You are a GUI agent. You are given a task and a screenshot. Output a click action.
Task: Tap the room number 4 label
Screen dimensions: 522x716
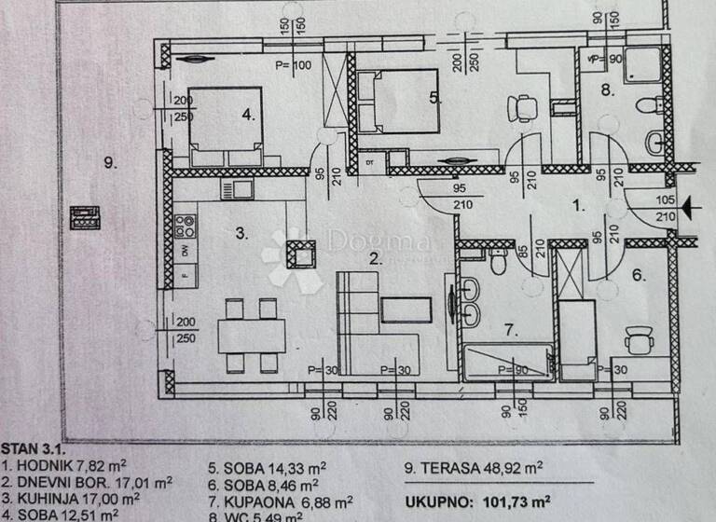247,116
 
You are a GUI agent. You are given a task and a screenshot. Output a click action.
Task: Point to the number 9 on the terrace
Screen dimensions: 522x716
109,163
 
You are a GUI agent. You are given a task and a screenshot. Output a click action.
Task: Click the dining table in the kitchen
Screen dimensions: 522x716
252,336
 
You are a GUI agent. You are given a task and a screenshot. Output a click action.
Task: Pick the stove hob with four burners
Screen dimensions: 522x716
185,226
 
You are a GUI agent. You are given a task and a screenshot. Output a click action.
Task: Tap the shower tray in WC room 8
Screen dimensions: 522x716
641,64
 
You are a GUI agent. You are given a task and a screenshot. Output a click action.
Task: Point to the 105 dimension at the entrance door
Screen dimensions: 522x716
667,198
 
